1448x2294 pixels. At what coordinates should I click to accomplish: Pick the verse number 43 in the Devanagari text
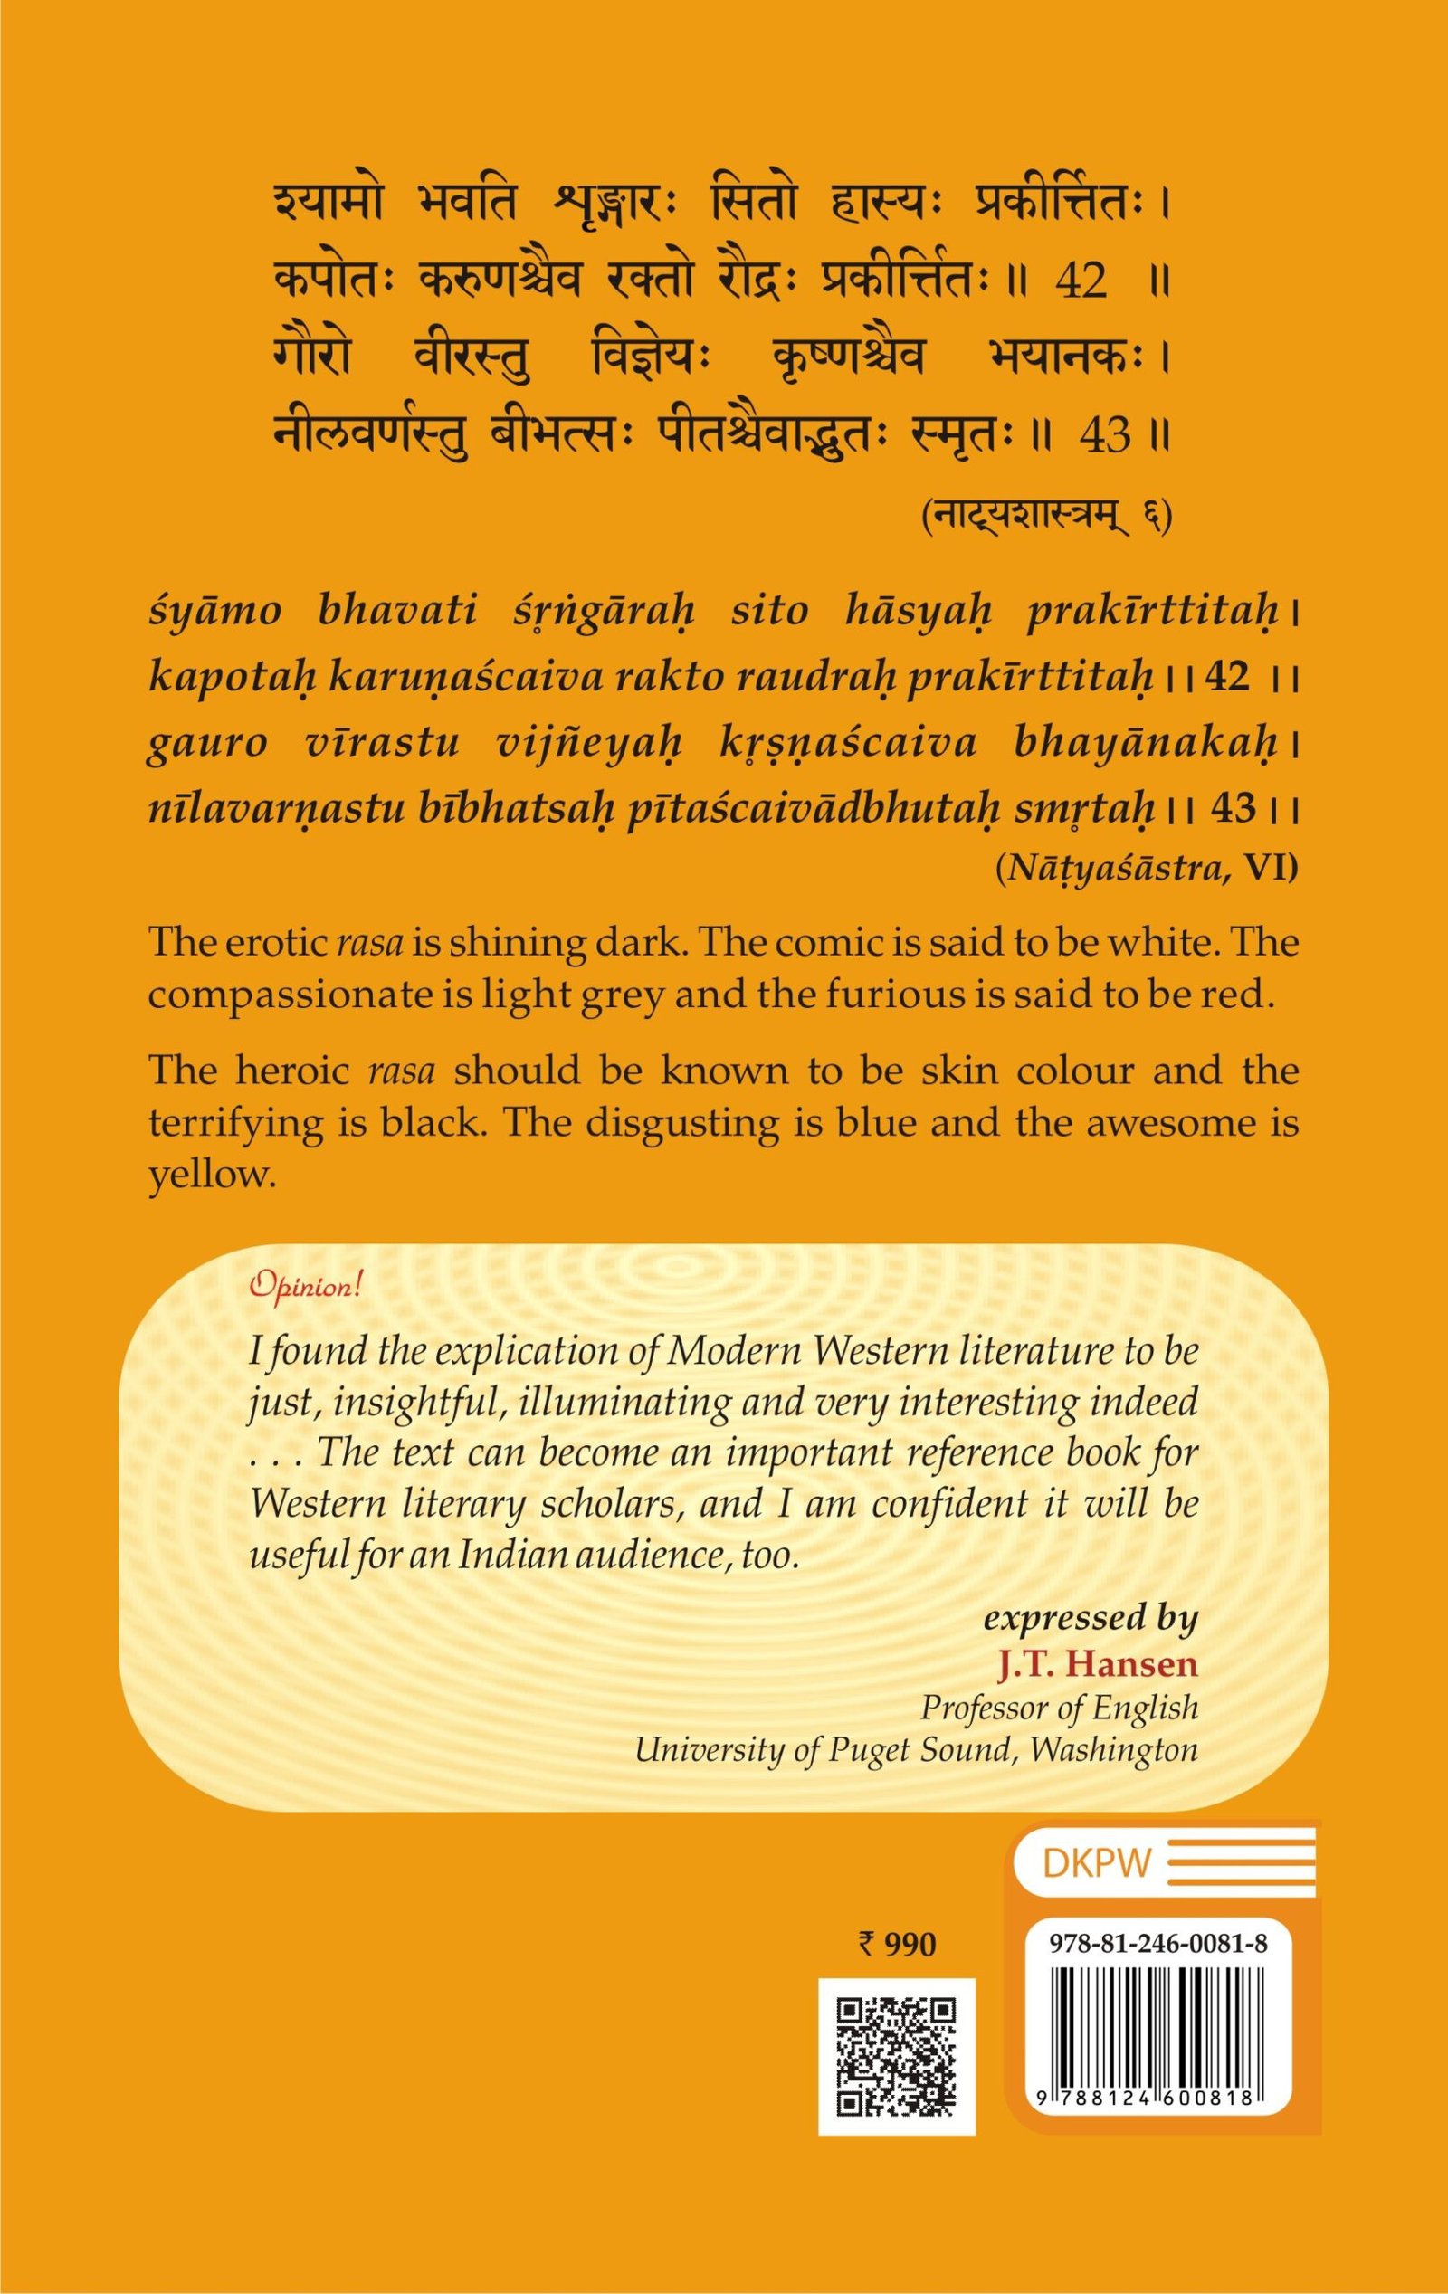tap(1105, 436)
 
